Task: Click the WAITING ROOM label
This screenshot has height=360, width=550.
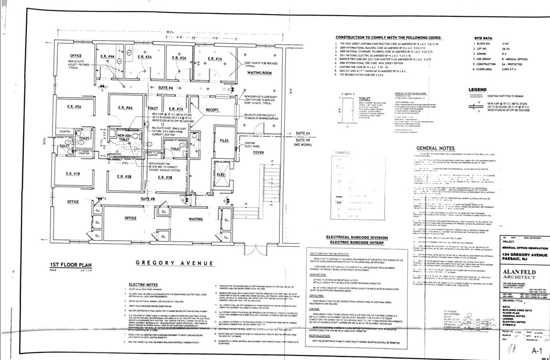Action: tap(259, 73)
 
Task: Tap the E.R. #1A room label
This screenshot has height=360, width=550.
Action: tap(215, 59)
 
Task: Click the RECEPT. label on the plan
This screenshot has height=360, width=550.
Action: tap(213, 110)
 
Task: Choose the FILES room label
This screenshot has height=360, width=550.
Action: tap(224, 141)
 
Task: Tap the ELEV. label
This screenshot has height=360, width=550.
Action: tap(221, 175)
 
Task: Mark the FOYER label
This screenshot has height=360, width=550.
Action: tap(259, 152)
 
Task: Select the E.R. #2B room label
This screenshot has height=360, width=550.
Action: tap(124, 176)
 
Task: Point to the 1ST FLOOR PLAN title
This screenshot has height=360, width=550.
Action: tap(71, 265)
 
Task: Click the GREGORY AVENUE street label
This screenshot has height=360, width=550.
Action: tap(175, 263)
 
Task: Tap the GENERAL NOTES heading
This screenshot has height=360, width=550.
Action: tap(435, 148)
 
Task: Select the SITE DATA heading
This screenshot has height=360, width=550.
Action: tap(483, 38)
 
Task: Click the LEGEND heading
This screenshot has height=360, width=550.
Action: tap(478, 90)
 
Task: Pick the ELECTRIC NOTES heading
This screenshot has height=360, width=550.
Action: tap(143, 285)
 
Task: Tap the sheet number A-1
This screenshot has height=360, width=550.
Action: tap(536, 351)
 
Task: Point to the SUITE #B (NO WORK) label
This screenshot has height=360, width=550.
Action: tap(303, 142)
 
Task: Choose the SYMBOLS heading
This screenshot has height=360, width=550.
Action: tap(342, 153)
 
